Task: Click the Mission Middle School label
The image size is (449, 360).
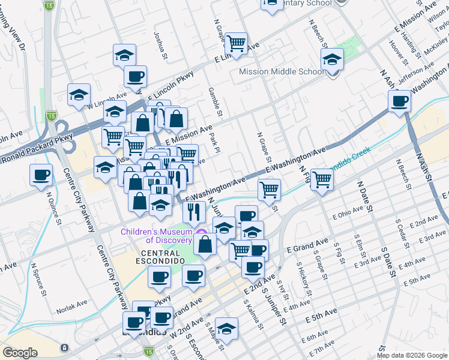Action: click(282, 71)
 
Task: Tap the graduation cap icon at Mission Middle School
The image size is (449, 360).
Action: click(332, 59)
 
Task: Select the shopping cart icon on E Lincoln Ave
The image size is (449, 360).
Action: click(237, 43)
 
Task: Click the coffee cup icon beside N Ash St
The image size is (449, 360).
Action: click(399, 101)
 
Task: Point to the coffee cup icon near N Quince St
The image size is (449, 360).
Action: click(41, 175)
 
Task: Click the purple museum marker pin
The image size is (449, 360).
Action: click(202, 232)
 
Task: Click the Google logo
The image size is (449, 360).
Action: click(20, 353)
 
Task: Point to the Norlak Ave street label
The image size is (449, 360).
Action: click(73, 311)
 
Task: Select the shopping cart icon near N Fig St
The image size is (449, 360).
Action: click(322, 178)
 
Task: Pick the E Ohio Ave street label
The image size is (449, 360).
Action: click(348, 211)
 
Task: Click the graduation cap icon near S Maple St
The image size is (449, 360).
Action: click(226, 329)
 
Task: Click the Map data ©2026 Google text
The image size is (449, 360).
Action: click(412, 355)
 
